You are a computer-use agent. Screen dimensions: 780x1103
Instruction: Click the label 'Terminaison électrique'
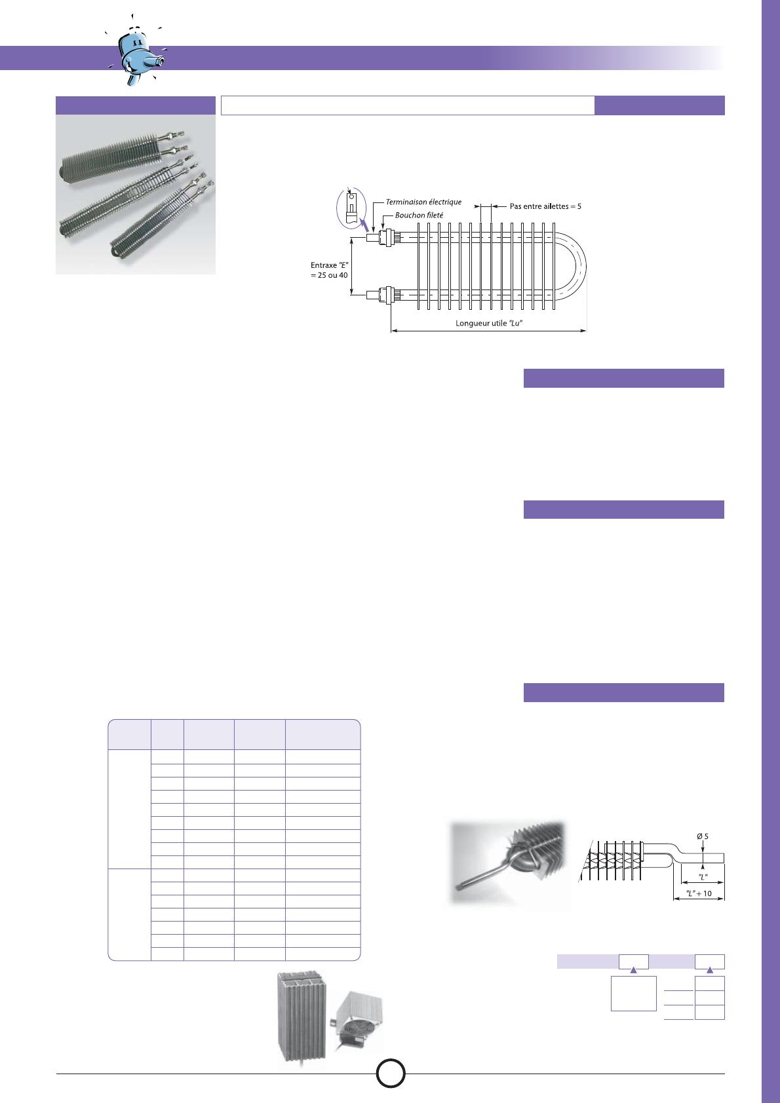(x=423, y=202)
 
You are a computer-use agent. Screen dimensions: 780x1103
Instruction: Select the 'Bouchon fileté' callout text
(x=419, y=215)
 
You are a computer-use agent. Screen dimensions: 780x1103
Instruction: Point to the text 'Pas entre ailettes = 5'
(x=545, y=206)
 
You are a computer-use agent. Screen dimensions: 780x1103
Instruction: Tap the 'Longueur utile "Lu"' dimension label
(x=489, y=323)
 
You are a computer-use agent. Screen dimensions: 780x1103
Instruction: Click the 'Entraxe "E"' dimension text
(x=329, y=265)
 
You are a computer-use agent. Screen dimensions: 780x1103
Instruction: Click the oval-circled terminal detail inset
(x=351, y=208)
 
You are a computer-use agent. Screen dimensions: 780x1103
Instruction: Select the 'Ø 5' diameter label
(x=703, y=836)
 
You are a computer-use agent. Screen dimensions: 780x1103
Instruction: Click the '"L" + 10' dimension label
(x=699, y=893)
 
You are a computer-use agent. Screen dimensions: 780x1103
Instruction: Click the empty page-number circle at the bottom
(x=391, y=1073)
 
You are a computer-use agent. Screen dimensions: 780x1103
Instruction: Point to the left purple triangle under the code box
(x=634, y=969)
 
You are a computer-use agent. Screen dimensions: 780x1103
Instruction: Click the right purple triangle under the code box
(x=710, y=969)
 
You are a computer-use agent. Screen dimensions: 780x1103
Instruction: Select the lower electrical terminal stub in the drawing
(x=372, y=295)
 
